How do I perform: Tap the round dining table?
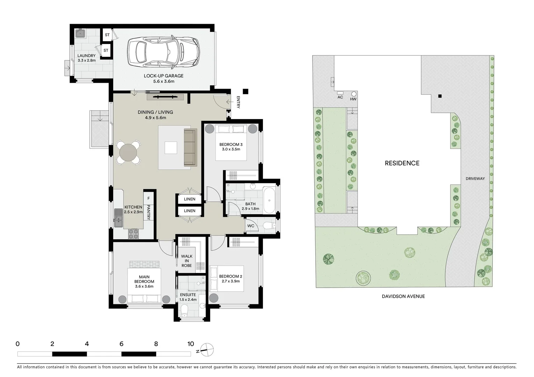coord(128,153)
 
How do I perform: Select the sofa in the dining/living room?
coord(190,147)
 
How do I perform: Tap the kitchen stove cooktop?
coord(133,234)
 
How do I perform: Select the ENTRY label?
coord(238,102)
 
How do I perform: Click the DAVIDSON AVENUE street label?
coord(403,296)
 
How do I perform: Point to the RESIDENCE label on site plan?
coord(402,163)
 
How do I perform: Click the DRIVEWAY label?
coord(475,179)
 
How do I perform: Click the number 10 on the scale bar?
coord(190,344)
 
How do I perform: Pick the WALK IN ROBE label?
coord(186,261)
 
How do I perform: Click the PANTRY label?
coord(148,212)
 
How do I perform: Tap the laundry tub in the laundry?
coord(81,34)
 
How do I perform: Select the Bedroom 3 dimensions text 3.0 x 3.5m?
coord(231,149)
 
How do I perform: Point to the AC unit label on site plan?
coord(340,97)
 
